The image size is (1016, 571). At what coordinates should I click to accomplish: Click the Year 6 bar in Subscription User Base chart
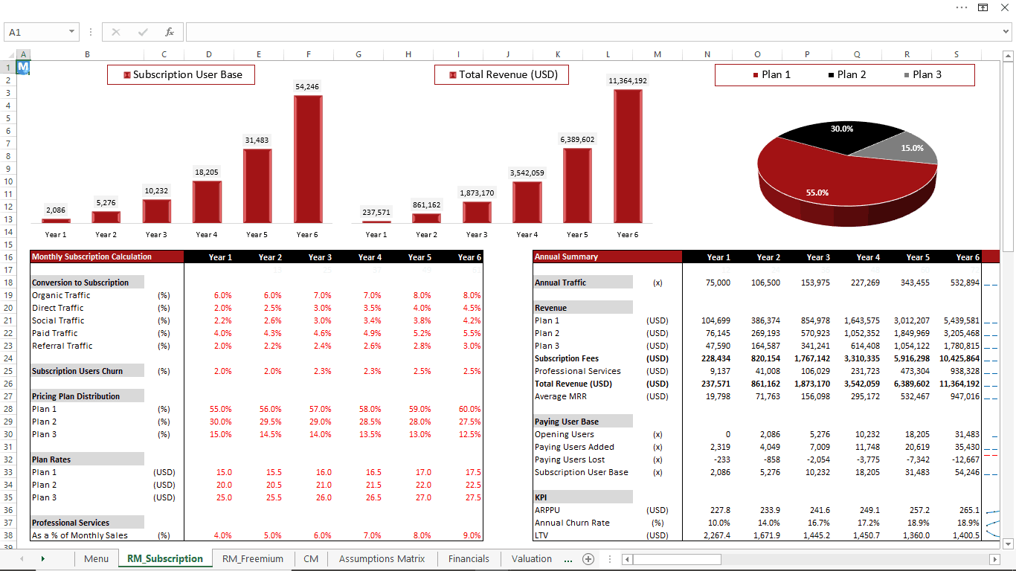click(308, 159)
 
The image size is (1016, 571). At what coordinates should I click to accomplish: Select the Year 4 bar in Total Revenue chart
click(527, 202)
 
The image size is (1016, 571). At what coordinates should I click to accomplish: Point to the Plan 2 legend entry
click(847, 75)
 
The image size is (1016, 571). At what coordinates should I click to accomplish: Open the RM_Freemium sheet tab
click(253, 559)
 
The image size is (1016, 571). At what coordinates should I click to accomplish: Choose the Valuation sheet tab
click(532, 559)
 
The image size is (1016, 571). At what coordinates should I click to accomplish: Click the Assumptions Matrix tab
click(382, 559)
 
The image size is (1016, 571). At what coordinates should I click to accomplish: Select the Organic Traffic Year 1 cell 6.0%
click(222, 295)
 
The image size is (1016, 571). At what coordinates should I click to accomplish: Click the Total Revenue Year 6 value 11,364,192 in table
click(959, 384)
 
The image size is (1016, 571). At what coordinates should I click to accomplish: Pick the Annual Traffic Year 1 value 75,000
click(718, 283)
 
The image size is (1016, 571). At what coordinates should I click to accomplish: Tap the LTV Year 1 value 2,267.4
click(717, 535)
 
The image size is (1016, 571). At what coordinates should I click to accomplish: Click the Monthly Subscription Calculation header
click(91, 257)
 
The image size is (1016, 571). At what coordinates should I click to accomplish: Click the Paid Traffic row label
click(55, 333)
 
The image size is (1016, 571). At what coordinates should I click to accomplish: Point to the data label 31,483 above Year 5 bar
click(257, 140)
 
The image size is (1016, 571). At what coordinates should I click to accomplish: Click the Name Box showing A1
click(41, 32)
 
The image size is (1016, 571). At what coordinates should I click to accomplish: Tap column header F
click(309, 54)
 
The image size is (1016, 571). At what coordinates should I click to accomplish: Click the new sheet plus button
click(588, 559)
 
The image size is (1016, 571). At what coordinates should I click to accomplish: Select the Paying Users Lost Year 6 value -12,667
click(965, 459)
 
